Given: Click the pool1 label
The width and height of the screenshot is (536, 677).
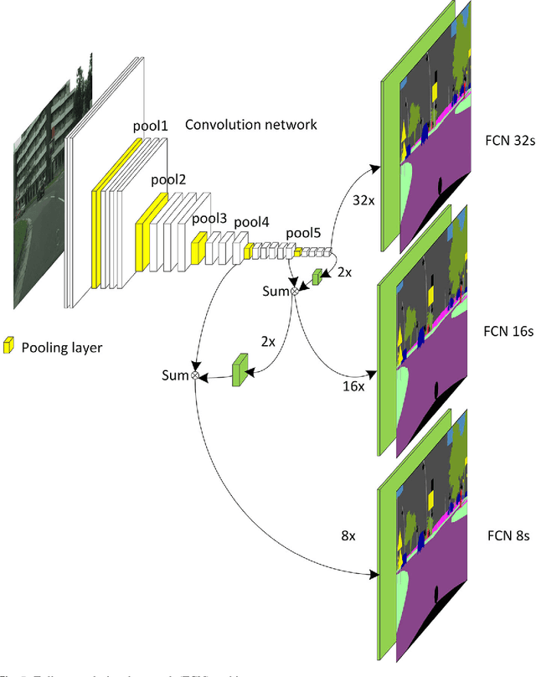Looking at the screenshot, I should coord(151,126).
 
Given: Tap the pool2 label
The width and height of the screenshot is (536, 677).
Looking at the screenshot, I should coord(168,179).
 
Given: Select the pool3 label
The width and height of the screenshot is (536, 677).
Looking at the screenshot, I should coord(209,219).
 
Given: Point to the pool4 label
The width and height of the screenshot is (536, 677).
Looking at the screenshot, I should coord(251,222).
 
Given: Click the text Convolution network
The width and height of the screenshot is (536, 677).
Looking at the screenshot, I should coord(250,125).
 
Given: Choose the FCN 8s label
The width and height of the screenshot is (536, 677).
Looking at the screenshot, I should coord(506,535).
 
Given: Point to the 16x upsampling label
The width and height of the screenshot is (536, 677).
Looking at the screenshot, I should coord(353,386).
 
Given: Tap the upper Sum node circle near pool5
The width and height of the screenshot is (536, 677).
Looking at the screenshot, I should coord(294,292).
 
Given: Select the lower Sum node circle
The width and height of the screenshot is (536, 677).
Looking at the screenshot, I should coord(195,376).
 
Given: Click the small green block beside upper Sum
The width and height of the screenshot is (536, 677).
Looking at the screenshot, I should coord(316,276).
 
